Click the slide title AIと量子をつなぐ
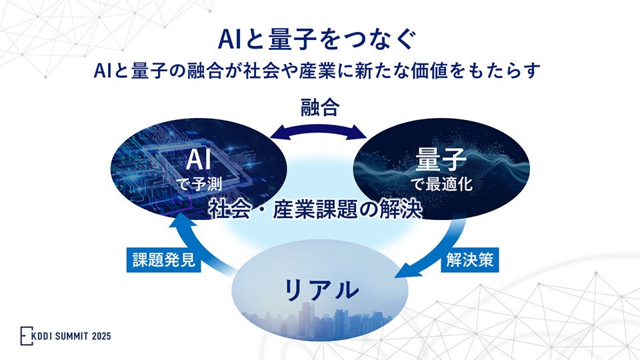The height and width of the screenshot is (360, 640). (319, 38)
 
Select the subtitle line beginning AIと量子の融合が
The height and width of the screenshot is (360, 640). (319, 71)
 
